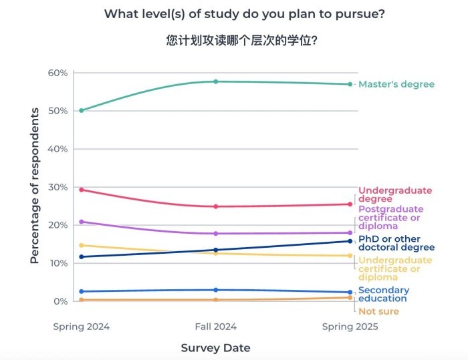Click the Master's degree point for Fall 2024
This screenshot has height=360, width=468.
pos(215,81)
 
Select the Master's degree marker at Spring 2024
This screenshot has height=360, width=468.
pos(82,110)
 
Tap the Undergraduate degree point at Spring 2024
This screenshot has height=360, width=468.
pos(82,190)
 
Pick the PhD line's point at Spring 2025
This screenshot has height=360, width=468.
pos(349,241)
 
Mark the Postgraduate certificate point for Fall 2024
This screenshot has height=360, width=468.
pos(215,234)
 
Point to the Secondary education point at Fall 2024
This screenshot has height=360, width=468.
pos(215,290)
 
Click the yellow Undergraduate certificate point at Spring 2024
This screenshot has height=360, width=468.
pos(82,245)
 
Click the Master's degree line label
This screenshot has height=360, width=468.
pos(396,84)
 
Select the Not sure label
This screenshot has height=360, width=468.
pos(378,311)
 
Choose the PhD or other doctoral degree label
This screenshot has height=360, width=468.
pos(396,242)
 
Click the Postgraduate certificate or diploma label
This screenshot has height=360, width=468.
pos(390,218)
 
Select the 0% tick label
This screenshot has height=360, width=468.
pos(60,301)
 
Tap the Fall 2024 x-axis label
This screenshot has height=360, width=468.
pos(215,327)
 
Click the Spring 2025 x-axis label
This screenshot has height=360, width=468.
pos(350,327)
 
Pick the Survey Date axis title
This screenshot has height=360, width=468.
pos(215,348)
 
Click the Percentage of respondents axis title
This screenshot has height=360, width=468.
pos(35,194)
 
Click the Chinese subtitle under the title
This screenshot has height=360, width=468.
pos(241,40)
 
